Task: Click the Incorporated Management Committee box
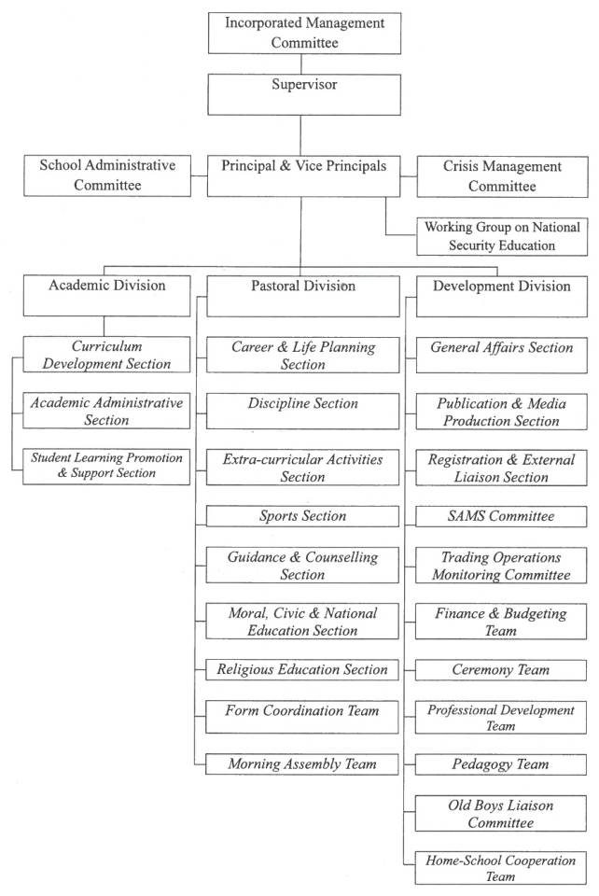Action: click(304, 34)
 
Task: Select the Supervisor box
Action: click(304, 95)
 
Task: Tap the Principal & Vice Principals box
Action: click(303, 176)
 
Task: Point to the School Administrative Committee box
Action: click(107, 175)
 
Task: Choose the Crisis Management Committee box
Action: click(503, 176)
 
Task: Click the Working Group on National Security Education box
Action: click(502, 236)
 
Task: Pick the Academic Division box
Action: click(106, 296)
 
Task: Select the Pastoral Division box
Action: click(303, 296)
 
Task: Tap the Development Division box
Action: click(502, 297)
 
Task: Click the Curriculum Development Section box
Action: click(106, 355)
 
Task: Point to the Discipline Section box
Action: click(302, 411)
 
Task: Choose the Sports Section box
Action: click(302, 516)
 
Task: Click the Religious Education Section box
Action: click(302, 669)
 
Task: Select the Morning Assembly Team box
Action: click(302, 764)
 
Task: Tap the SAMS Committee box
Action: click(501, 516)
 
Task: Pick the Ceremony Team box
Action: click(501, 670)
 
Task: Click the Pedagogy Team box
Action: click(501, 764)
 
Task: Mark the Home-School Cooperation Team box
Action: click(501, 868)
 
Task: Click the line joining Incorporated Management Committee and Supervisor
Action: click(301, 64)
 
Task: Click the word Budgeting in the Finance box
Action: click(536, 614)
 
